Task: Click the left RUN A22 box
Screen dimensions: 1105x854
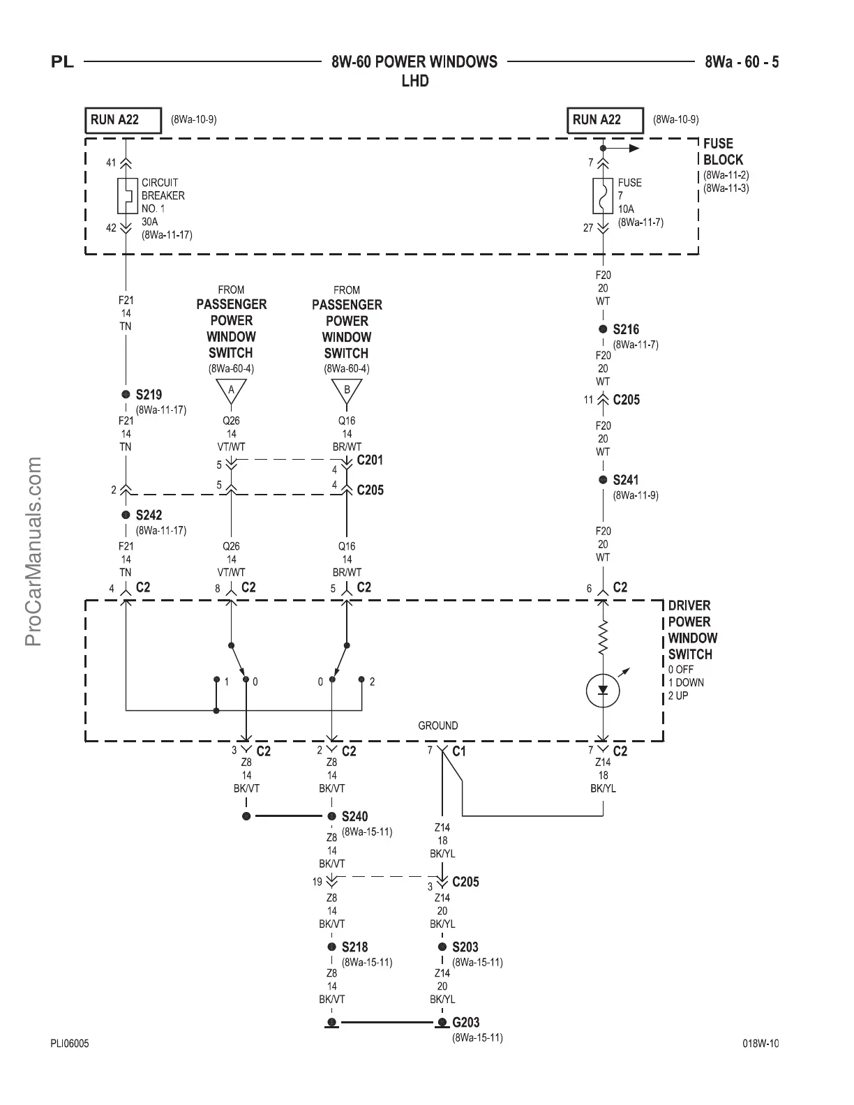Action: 123,120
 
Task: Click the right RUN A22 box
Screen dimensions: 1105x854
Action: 605,120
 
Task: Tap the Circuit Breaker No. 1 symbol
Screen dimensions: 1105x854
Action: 126,196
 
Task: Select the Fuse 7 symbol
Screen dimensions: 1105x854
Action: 603,196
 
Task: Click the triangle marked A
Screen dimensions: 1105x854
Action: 231,391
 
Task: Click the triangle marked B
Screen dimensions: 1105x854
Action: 347,391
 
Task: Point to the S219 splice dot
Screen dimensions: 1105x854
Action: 126,395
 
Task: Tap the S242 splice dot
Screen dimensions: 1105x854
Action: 126,515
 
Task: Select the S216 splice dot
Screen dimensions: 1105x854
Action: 603,329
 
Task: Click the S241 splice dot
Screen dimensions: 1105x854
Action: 603,480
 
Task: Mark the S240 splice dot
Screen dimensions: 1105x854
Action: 332,816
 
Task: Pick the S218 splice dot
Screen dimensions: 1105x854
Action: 332,947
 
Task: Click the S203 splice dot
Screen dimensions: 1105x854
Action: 442,947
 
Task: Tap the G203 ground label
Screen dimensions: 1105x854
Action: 465,1023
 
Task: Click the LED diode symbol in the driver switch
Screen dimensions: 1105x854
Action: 604,691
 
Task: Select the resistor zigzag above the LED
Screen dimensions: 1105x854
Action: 604,637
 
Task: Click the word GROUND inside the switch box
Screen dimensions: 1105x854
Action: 438,726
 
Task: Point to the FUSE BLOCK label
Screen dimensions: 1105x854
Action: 723,151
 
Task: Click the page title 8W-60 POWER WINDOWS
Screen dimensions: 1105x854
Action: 414,62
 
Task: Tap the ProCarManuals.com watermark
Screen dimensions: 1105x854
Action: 34,551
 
